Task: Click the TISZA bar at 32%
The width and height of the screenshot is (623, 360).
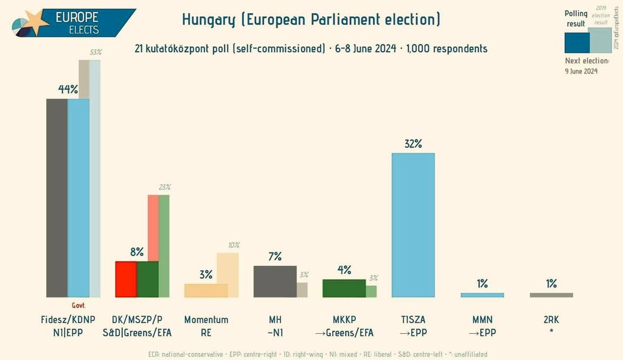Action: click(x=413, y=225)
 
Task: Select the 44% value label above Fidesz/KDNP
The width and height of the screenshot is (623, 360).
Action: click(x=68, y=89)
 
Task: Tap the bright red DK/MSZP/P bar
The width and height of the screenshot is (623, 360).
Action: click(x=126, y=279)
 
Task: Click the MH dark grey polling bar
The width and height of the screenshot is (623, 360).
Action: click(x=275, y=282)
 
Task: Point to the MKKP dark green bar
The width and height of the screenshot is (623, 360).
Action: click(x=344, y=288)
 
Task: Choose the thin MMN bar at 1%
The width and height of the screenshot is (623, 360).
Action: click(x=482, y=295)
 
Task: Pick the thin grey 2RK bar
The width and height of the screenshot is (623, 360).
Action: click(x=551, y=295)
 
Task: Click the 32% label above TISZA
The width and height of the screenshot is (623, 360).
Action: click(x=413, y=144)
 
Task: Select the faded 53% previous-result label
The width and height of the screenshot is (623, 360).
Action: click(x=96, y=52)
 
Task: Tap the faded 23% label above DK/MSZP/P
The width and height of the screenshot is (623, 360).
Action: click(x=164, y=187)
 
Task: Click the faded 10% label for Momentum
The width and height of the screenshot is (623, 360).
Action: click(x=234, y=244)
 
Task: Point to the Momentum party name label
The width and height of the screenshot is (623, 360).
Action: click(x=206, y=320)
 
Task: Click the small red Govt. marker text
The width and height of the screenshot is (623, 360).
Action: click(x=78, y=305)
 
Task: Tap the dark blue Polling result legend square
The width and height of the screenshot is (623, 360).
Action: click(x=577, y=42)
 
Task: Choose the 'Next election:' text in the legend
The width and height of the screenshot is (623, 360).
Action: click(x=586, y=61)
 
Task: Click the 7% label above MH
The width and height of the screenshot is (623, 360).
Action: click(x=275, y=257)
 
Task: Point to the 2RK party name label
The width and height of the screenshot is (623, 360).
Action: click(x=551, y=320)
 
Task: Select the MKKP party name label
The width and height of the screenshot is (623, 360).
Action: click(x=344, y=320)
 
